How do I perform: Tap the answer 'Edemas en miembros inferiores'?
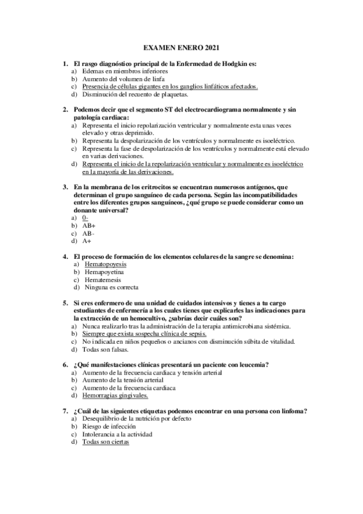point(117,72)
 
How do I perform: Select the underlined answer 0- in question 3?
point(85,218)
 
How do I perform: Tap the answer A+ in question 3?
point(87,241)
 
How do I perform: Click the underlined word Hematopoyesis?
point(106,265)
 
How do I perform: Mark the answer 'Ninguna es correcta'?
point(112,287)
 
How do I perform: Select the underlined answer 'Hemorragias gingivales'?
point(115,396)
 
